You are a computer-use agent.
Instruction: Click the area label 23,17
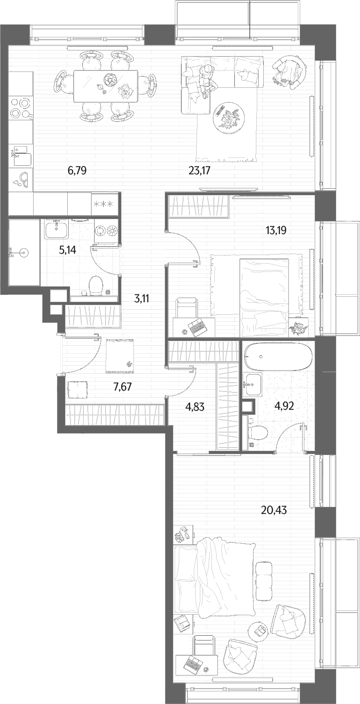click(x=199, y=171)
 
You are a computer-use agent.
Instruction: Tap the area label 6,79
click(x=77, y=171)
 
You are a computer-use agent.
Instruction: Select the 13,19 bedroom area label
click(x=276, y=231)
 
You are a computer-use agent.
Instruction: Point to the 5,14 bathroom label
click(x=68, y=250)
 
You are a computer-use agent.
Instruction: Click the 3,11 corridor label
click(x=141, y=299)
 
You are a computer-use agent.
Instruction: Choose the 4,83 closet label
click(x=195, y=407)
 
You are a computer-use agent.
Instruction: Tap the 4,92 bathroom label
click(x=284, y=406)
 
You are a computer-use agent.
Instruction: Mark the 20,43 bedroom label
click(x=274, y=510)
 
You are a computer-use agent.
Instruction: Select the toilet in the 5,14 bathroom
click(x=96, y=285)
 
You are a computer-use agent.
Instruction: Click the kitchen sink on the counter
click(x=22, y=156)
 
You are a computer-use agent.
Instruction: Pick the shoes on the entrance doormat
click(x=129, y=364)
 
